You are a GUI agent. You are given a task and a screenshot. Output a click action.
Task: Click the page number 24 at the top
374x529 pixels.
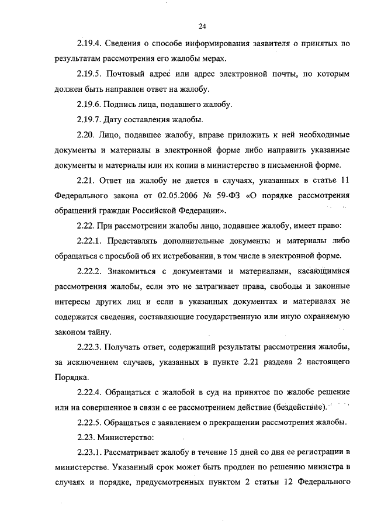pos(203,26)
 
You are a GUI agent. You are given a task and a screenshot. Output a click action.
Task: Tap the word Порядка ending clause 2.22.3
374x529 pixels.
pos(71,377)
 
